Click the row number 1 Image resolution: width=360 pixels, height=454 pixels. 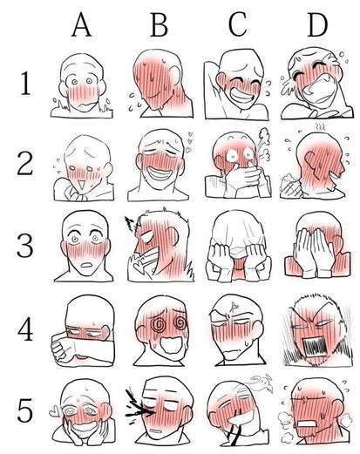point(25,84)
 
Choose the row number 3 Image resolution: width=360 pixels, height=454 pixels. point(25,246)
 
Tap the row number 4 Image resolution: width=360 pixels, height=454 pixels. point(25,330)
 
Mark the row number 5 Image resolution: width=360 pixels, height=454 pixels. point(25,411)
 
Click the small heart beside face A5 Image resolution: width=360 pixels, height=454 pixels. point(54,411)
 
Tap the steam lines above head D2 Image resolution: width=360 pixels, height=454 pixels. point(320,126)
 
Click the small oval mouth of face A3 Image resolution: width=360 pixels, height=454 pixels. point(86,265)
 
